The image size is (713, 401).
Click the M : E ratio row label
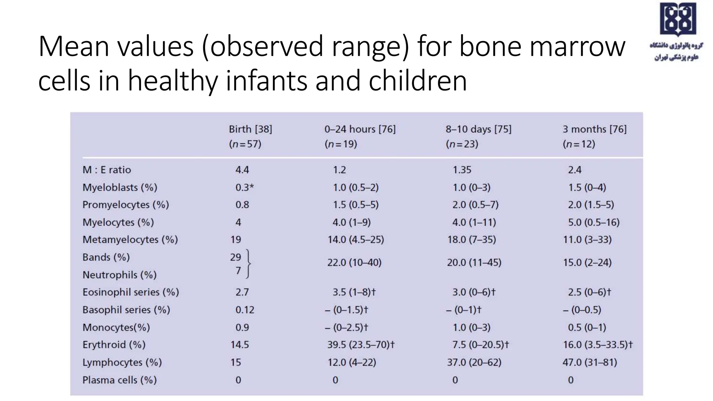click(107, 170)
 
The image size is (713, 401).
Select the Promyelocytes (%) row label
click(125, 205)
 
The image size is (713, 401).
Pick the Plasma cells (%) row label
click(119, 380)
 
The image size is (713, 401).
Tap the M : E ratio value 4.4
click(242, 170)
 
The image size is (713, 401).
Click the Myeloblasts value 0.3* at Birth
click(244, 187)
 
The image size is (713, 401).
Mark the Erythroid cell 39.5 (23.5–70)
click(361, 345)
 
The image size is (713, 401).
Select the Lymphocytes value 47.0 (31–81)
click(590, 362)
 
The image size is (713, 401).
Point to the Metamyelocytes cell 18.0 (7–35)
click(471, 239)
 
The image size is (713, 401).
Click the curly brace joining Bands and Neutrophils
click(248, 264)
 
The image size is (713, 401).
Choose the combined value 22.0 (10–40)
click(354, 262)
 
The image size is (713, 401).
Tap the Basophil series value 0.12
click(245, 310)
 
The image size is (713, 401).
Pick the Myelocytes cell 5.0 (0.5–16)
click(594, 222)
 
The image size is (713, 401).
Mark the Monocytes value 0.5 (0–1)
click(587, 328)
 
